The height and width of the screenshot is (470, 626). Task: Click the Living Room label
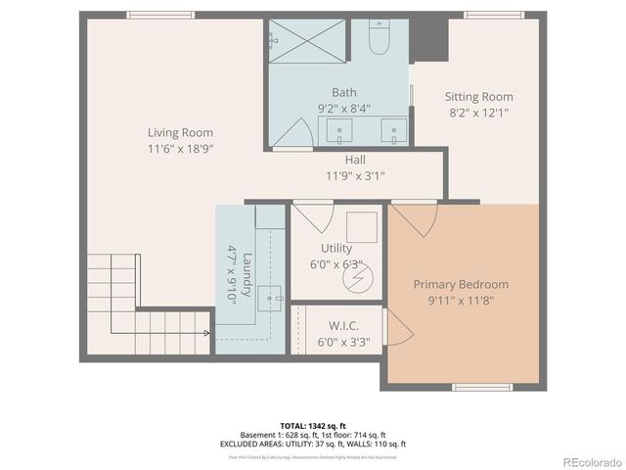(180, 132)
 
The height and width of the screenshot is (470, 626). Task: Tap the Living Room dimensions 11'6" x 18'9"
(180, 148)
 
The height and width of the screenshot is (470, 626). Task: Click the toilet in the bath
(379, 39)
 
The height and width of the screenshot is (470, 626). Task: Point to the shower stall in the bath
(303, 48)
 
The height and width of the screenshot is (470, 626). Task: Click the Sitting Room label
(478, 97)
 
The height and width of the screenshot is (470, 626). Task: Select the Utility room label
(335, 248)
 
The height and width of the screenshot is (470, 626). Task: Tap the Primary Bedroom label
(460, 284)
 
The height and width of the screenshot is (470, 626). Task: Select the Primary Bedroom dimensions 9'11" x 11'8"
(460, 301)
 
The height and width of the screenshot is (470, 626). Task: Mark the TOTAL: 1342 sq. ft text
(314, 425)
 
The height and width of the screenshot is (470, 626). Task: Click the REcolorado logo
(586, 461)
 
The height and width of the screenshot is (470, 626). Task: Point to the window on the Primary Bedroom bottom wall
(482, 387)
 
